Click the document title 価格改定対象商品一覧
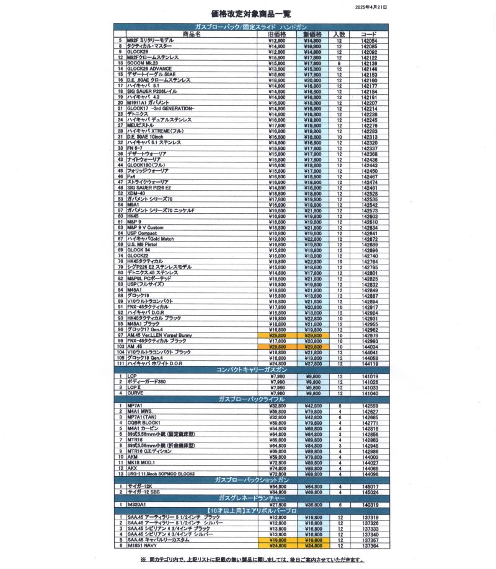point(250,13)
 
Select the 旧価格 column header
point(277,34)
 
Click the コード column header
point(368,34)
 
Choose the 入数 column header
point(339,34)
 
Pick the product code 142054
point(368,40)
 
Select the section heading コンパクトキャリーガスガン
point(250,370)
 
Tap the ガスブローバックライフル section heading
point(250,399)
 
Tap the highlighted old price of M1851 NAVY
point(277,546)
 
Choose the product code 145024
point(368,492)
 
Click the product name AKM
point(133,457)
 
